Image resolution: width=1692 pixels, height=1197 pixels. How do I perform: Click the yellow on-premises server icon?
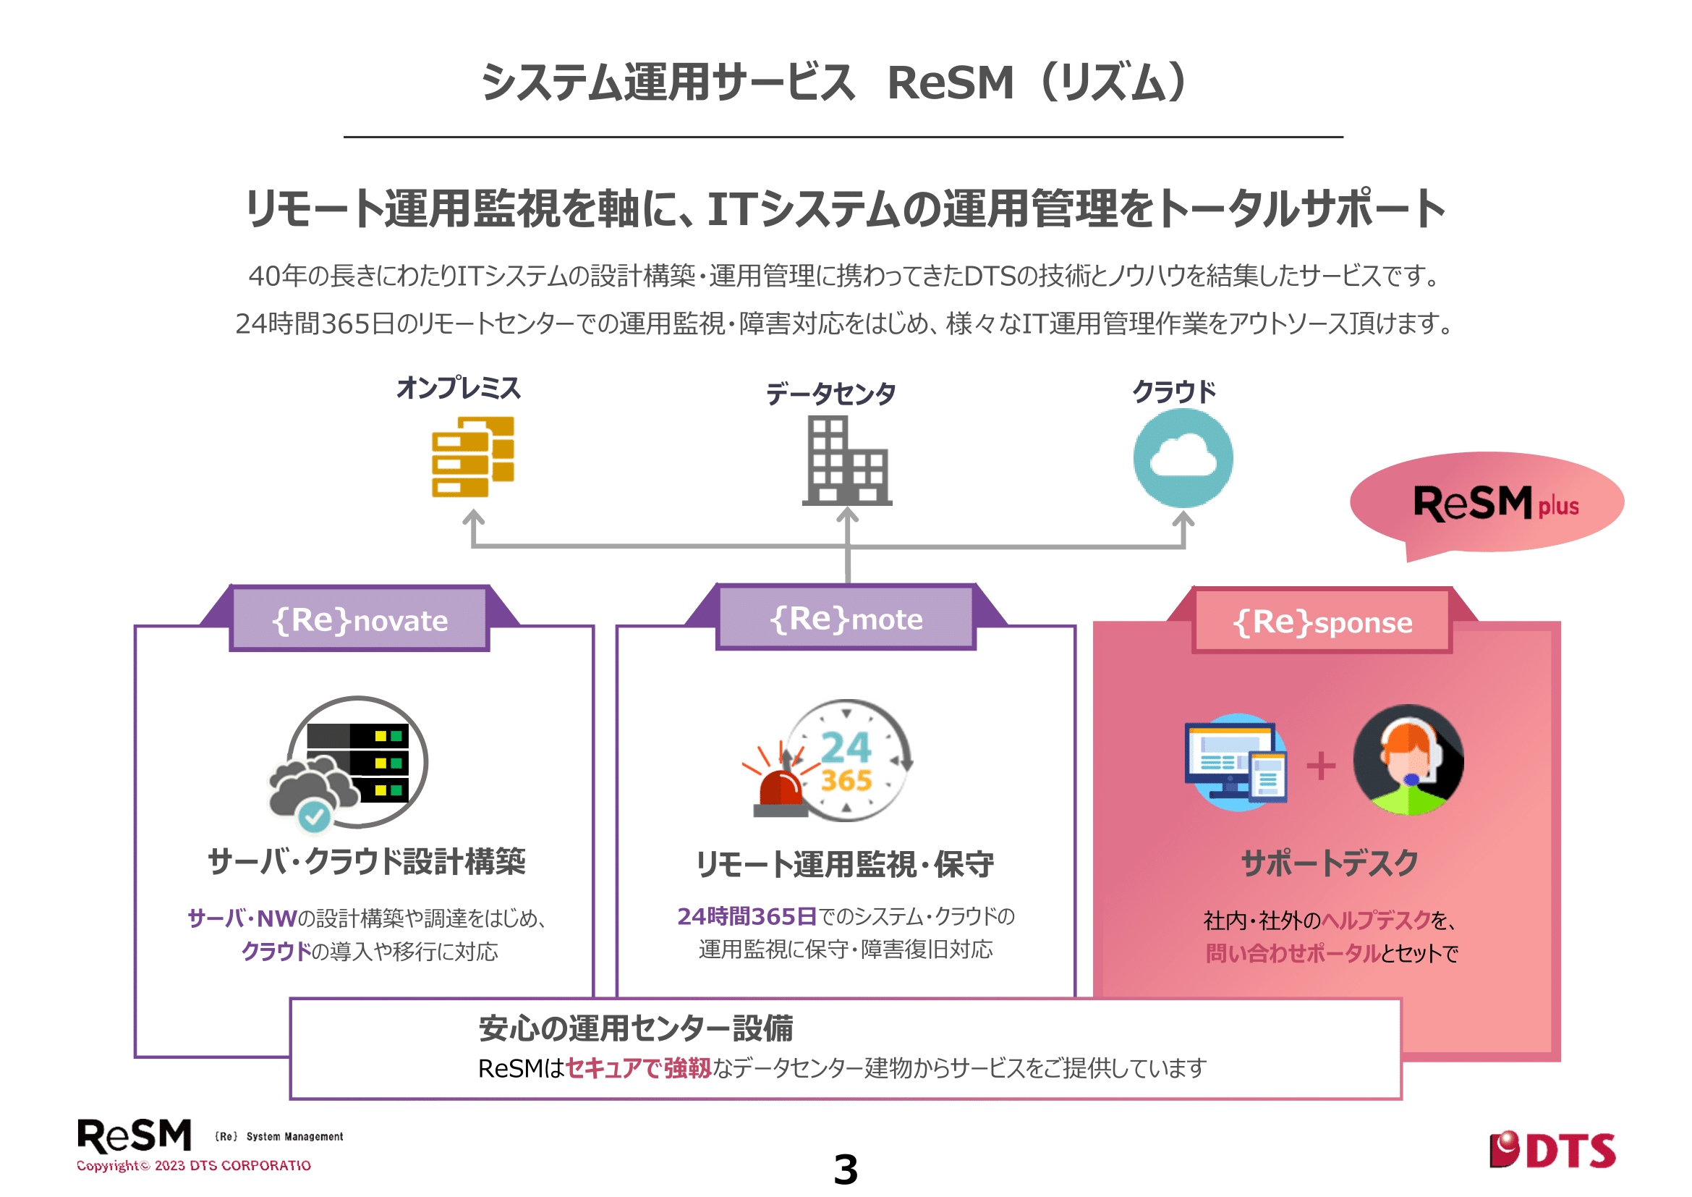click(472, 457)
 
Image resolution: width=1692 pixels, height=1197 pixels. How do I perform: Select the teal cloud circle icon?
click(1182, 457)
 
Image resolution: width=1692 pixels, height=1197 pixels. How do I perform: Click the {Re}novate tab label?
click(360, 620)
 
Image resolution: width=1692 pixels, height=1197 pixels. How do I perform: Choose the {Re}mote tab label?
click(846, 618)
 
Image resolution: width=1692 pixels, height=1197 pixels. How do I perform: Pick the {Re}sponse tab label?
click(1322, 622)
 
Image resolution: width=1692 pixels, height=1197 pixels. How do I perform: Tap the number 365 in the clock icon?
click(846, 780)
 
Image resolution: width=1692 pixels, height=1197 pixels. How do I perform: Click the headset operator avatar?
click(1408, 760)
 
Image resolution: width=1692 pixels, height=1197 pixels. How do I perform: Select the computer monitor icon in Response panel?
click(1235, 763)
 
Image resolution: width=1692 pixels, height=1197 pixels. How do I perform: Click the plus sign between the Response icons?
click(1321, 765)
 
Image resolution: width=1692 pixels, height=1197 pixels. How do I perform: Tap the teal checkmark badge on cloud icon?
click(315, 816)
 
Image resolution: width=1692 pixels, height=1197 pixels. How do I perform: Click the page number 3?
click(845, 1169)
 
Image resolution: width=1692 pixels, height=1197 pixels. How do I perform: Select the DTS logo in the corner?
click(1552, 1150)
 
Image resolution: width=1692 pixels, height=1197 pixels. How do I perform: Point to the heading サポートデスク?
click(1330, 863)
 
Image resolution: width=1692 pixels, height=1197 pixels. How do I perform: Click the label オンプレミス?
click(459, 388)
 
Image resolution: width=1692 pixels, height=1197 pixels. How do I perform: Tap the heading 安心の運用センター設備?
click(635, 1028)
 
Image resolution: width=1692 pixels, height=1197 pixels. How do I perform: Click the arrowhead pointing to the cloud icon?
click(1183, 518)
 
